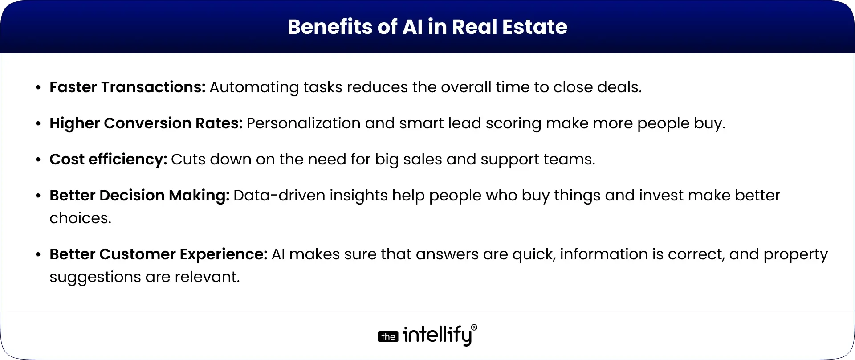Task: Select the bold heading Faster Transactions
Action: pyautogui.click(x=127, y=87)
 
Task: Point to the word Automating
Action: pyautogui.click(x=254, y=87)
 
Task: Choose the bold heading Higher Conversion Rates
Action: pyautogui.click(x=146, y=123)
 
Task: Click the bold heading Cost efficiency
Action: pyautogui.click(x=108, y=160)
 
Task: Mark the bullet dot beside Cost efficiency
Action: pyautogui.click(x=38, y=160)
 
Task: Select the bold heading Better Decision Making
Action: pyautogui.click(x=139, y=196)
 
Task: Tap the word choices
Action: pyautogui.click(x=80, y=218)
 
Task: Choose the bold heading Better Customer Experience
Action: pyautogui.click(x=158, y=254)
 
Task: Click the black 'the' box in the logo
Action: pyautogui.click(x=388, y=337)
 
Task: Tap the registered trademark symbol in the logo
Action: pyautogui.click(x=474, y=327)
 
